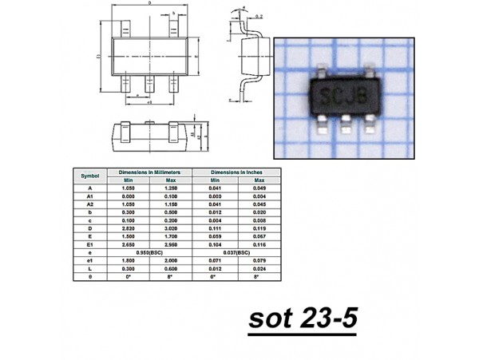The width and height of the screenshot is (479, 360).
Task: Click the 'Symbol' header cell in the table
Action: (90, 175)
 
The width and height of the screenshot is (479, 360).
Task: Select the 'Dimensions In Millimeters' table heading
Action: (150, 172)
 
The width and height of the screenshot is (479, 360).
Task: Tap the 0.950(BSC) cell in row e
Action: (150, 251)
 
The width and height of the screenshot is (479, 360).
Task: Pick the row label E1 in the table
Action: (90, 243)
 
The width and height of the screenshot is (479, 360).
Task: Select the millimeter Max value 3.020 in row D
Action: (172, 227)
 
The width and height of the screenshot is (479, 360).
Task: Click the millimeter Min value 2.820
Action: (129, 227)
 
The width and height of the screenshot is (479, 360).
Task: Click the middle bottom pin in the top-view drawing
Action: (149, 82)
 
